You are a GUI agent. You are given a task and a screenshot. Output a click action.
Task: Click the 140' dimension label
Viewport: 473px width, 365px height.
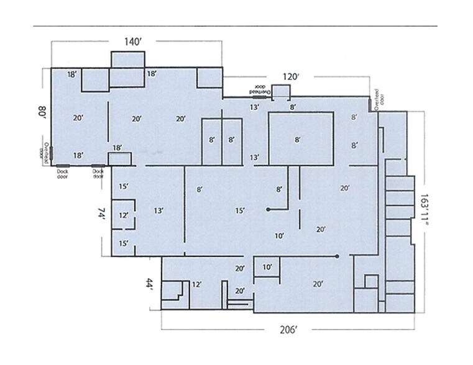pyautogui.click(x=133, y=41)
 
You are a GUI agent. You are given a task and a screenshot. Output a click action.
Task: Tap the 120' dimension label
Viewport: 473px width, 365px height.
pyautogui.click(x=292, y=78)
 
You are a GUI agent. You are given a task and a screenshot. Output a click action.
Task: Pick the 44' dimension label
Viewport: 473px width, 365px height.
pyautogui.click(x=149, y=284)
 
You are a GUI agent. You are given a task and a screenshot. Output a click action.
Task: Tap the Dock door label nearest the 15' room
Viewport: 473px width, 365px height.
pyautogui.click(x=98, y=173)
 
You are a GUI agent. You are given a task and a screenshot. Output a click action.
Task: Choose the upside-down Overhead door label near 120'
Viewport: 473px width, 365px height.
pyautogui.click(x=260, y=90)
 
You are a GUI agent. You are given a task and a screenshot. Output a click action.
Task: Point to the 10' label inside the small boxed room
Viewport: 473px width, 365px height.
pyautogui.click(x=267, y=268)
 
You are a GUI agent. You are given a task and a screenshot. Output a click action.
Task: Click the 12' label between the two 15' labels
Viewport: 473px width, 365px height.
pyautogui.click(x=124, y=215)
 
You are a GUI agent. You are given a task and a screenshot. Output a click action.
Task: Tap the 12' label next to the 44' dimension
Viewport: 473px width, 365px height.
pyautogui.click(x=197, y=284)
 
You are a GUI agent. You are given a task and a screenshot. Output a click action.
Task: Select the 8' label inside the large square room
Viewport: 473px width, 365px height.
pyautogui.click(x=298, y=140)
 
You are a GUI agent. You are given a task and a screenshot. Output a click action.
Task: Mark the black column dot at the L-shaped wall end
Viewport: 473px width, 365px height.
pyautogui.click(x=268, y=209)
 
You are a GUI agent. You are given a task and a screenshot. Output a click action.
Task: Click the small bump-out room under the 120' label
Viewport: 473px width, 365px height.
pyautogui.click(x=282, y=92)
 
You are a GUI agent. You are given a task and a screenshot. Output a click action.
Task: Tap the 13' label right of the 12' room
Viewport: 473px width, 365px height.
pyautogui.click(x=158, y=211)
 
